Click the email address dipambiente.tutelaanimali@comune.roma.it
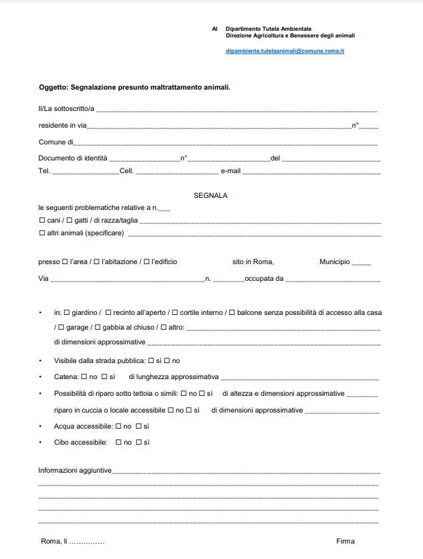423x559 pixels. pos(285,51)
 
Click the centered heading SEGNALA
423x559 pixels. pos(210,195)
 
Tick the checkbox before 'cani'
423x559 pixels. pos(42,221)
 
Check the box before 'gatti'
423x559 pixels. pos(69,221)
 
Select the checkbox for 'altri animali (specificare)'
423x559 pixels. pos(42,233)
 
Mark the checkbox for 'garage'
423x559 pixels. pos(61,327)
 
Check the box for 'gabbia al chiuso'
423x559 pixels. pos(97,327)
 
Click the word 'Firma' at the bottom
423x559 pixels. pos(345,541)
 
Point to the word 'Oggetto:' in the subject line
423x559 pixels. pos(53,87)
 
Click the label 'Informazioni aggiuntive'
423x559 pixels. pos(75,471)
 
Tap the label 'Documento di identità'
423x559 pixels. pos(73,158)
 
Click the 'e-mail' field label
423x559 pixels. pos(231,171)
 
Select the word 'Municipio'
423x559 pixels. pos(334,261)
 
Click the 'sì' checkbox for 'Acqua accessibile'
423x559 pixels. pos(139,426)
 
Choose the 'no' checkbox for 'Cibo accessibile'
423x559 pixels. pos(118,442)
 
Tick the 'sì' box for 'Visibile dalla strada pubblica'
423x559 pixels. pos(150,360)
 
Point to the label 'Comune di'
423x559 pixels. pos(55,142)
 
